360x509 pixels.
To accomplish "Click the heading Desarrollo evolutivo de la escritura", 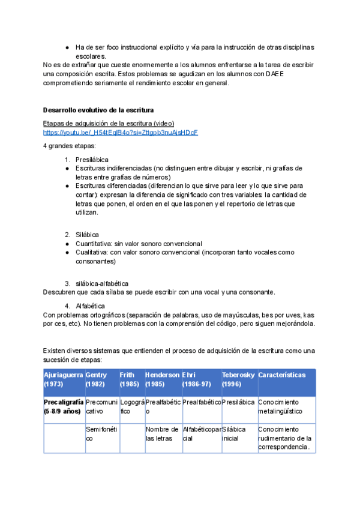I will (x=98, y=110).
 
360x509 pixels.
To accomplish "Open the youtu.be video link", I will (x=121, y=132).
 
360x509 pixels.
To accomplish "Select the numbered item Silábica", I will (x=88, y=234).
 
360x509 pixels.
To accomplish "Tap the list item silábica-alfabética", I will (x=102, y=283).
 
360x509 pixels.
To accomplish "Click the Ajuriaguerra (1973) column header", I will (x=63, y=379).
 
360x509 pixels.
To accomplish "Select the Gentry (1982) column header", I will (x=101, y=379).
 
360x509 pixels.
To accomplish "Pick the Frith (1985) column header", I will (x=131, y=379).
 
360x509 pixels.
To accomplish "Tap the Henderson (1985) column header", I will (x=162, y=379).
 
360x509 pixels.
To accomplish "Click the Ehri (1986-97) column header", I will (x=200, y=379).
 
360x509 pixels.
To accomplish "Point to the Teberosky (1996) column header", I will (x=238, y=379).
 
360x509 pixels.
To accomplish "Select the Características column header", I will (x=286, y=375).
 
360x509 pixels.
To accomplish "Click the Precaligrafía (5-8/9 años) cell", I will (x=63, y=406).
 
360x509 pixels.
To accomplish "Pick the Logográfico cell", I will (x=131, y=406).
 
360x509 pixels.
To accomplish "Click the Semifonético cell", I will (x=101, y=434).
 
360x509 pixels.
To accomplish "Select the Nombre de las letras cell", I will (x=162, y=434).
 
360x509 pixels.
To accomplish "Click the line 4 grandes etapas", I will (x=65, y=146).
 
